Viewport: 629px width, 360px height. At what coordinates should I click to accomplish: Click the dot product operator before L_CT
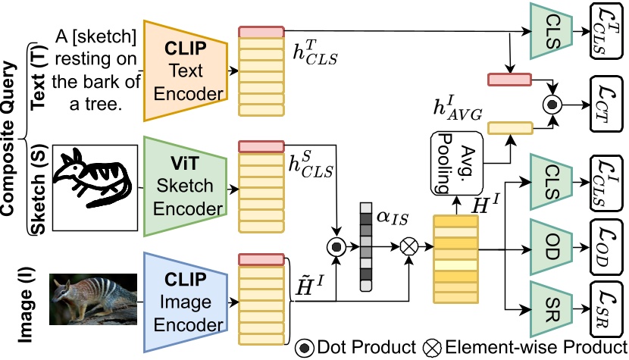tap(555, 102)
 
